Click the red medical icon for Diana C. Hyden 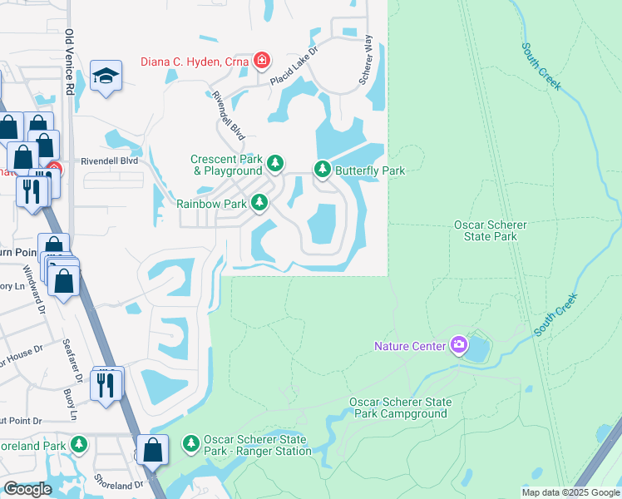261,61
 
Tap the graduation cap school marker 106,78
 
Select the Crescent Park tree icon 275,161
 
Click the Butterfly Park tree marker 323,170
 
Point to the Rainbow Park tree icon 260,202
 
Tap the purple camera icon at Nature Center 458,345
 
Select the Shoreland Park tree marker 79,445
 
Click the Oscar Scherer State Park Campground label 398,408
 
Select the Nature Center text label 411,346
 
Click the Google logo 27,489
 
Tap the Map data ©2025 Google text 570,492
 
